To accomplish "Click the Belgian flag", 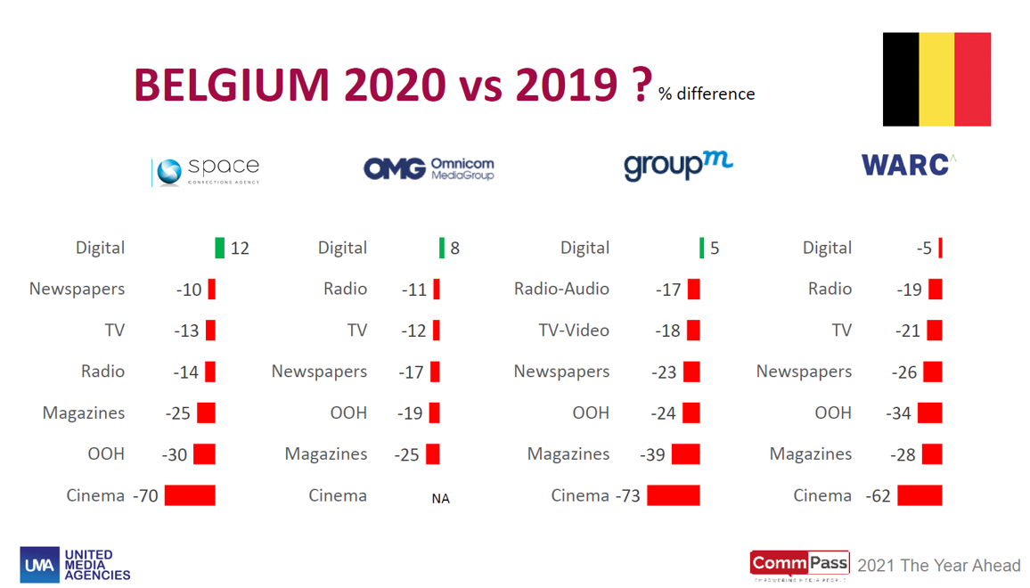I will pos(936,79).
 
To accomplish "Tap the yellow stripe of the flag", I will pos(936,79).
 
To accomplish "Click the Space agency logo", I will pos(206,169).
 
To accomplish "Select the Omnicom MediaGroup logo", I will pos(429,168).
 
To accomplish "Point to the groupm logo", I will pos(678,166).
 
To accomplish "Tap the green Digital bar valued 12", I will pos(220,248).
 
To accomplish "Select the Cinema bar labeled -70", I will pos(190,495).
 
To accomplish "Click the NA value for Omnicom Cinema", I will pos(440,499).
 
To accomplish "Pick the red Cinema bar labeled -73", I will pos(674,495).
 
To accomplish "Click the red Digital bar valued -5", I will pos(940,248).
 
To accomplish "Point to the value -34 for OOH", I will pos(898,413).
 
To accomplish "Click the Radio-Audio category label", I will pos(561,289).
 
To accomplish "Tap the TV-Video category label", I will pos(574,331).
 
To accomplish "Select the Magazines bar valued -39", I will pos(685,454).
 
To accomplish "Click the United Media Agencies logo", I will pos(75,565).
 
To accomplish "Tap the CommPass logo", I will pos(799,565).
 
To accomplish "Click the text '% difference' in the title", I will pos(707,94).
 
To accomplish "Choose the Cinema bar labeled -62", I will pos(920,495).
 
